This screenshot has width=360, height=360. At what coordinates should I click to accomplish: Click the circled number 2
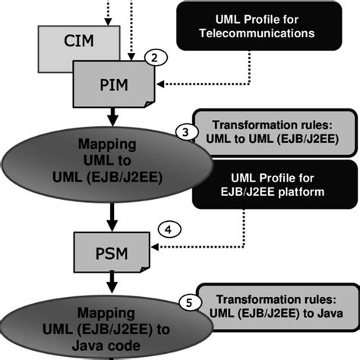(154, 58)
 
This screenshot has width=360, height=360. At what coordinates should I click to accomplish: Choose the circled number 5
(189, 301)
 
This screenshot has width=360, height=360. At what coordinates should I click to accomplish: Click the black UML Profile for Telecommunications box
(254, 27)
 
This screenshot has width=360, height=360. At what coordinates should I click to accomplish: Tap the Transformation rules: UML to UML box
(266, 131)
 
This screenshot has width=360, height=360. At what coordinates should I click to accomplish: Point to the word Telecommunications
(254, 34)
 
